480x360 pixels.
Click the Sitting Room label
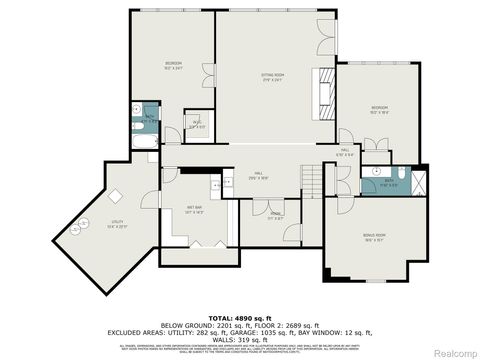click(x=273, y=76)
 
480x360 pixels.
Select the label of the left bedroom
click(x=173, y=66)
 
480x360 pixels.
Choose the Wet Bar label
click(x=194, y=211)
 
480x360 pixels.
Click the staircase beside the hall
click(x=312, y=180)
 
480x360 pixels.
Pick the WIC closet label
click(x=197, y=125)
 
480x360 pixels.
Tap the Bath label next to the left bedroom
click(x=149, y=118)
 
